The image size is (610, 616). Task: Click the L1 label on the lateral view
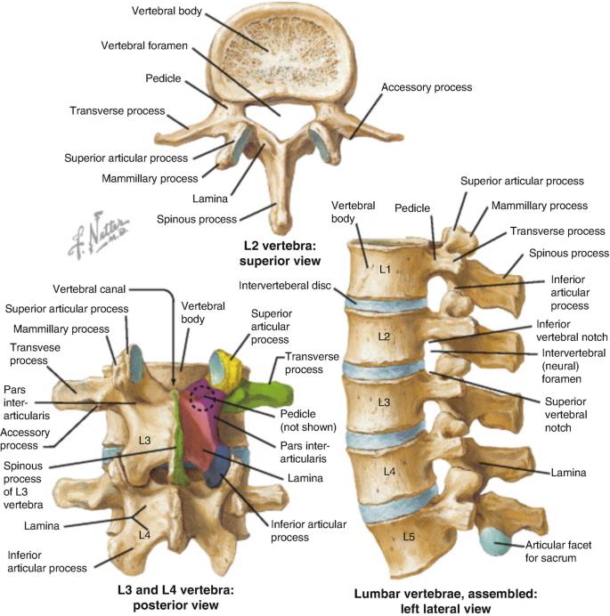(384, 268)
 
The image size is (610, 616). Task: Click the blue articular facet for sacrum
(492, 540)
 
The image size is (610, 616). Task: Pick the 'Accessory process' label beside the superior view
(426, 88)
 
